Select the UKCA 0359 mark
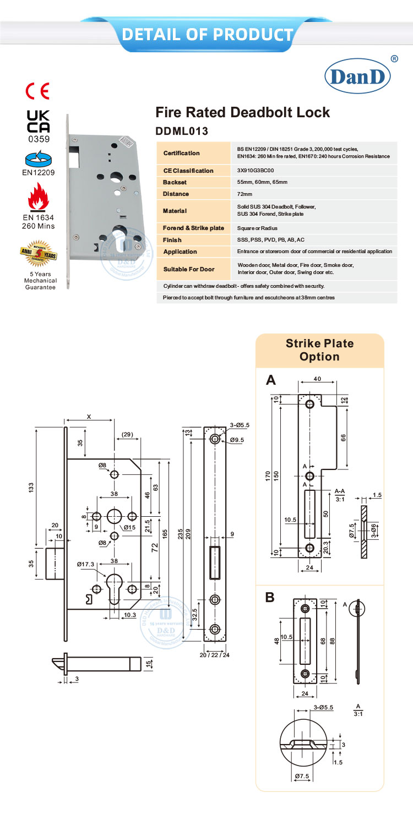[39, 125]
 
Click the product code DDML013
[182, 132]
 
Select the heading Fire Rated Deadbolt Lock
[243, 113]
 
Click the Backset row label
[176, 182]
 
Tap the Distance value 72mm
[244, 194]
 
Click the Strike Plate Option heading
[319, 350]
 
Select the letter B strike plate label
[270, 597]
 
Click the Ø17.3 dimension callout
[85, 565]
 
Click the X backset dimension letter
[89, 417]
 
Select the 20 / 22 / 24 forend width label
[215, 655]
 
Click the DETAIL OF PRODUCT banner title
[207, 35]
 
